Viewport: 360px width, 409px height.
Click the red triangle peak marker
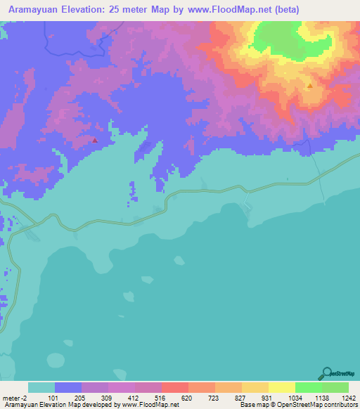click(x=95, y=140)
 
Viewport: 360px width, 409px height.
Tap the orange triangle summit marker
click(x=309, y=86)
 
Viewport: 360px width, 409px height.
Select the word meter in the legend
click(x=13, y=398)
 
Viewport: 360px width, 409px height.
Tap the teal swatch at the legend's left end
click(x=41, y=387)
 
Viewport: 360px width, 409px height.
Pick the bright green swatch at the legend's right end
click(x=335, y=387)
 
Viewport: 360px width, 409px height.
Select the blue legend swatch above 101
click(x=68, y=387)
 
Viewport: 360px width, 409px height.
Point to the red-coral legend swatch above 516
click(x=175, y=387)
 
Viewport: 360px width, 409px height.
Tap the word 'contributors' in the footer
click(x=341, y=405)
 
